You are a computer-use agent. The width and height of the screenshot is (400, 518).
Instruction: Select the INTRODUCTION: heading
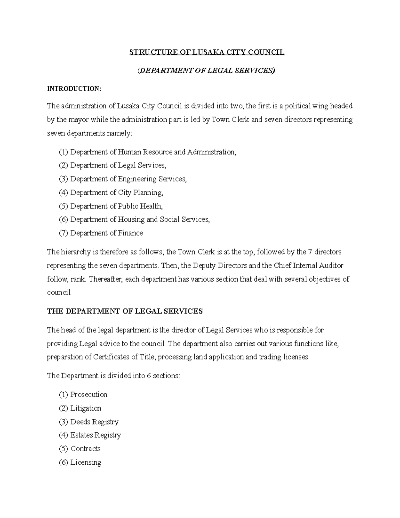click(x=74, y=89)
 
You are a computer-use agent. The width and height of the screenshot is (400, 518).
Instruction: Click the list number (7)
click(x=63, y=233)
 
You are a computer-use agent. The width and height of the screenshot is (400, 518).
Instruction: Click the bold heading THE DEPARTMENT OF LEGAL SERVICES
click(x=125, y=311)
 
